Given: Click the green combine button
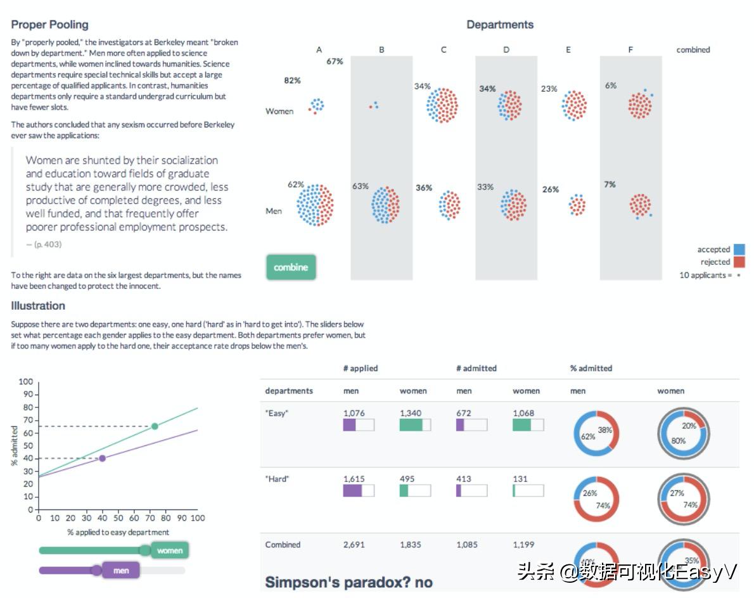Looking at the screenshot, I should pyautogui.click(x=291, y=267).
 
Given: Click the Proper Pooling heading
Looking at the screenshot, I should pyautogui.click(x=49, y=25).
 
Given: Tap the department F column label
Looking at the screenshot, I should pyautogui.click(x=630, y=49).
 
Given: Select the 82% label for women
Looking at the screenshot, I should pyautogui.click(x=293, y=80).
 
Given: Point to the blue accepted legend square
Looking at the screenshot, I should pyautogui.click(x=739, y=250).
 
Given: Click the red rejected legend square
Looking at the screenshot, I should pyautogui.click(x=739, y=262).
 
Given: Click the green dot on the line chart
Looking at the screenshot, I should pyautogui.click(x=155, y=426).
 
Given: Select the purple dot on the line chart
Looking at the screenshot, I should pyautogui.click(x=102, y=458).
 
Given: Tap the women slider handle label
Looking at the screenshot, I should pyautogui.click(x=169, y=550).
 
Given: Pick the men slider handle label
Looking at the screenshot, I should pyautogui.click(x=121, y=571).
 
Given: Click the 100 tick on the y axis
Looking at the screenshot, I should pyautogui.click(x=25, y=382).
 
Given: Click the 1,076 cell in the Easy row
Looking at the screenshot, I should pyautogui.click(x=354, y=414).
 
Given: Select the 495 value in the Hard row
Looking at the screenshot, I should pyautogui.click(x=407, y=479).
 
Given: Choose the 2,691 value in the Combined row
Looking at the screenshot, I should pyautogui.click(x=354, y=545).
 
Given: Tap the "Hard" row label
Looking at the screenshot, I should pyautogui.click(x=277, y=479).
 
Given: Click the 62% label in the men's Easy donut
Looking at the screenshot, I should pyautogui.click(x=587, y=436).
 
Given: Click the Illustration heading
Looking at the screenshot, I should pyautogui.click(x=38, y=306).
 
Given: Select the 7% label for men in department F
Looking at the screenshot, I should pyautogui.click(x=610, y=184).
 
